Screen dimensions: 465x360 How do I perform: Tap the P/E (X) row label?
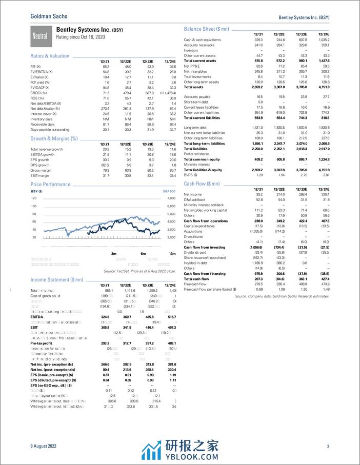[x=36, y=68]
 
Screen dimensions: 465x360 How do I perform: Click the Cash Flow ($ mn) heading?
[x=202, y=183]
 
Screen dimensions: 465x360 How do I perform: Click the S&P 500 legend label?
[x=169, y=191]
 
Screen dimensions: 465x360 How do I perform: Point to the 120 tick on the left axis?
[x=34, y=198]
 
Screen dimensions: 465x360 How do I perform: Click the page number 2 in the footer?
[x=328, y=447]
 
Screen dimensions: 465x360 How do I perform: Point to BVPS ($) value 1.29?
[x=258, y=175]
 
